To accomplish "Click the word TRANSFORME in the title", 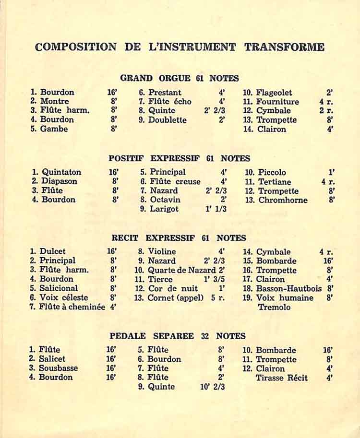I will coord(284,47).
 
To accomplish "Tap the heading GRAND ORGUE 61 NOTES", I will coord(180,78).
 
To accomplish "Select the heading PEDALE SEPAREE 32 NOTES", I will coord(178,336).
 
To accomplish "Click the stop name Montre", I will coord(54,101).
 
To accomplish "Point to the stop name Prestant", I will coord(165,93).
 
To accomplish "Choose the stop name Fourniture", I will coord(277,102).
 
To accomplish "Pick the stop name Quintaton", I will coord(61,172).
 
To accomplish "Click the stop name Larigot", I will coord(164,209).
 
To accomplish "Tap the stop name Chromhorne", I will coord(283,200).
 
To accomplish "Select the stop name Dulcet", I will coord(53,251).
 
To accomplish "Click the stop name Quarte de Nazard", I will coord(181,270).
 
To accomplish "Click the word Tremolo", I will coord(274,307).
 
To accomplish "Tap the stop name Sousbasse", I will coord(58,368).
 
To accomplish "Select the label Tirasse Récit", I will coord(282,378).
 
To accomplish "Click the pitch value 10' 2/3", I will coord(212,387).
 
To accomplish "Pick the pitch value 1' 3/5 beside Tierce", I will coord(215,279).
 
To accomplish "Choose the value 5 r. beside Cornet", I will coord(217,298).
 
